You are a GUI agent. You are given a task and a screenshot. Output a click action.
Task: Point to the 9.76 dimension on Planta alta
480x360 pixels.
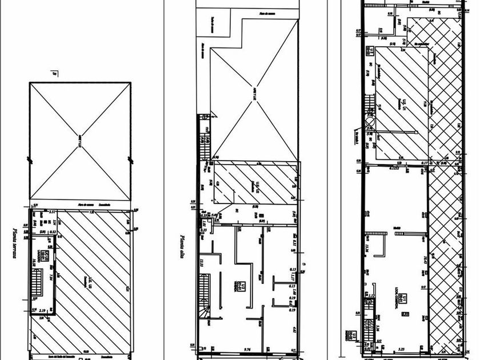[x=248, y=349]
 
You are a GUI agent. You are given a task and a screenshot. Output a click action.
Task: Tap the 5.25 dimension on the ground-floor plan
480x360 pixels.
[x=402, y=349]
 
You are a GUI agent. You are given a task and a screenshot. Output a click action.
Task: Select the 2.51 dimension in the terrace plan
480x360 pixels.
[x=52, y=212]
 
